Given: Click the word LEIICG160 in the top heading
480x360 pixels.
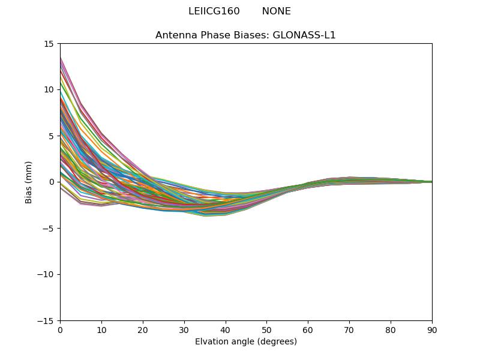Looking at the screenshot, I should [214, 11].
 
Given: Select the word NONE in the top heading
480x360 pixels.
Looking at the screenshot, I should [276, 11].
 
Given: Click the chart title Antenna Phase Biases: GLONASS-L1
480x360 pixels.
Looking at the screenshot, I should [245, 35].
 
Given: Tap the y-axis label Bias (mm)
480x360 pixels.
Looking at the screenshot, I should [29, 182].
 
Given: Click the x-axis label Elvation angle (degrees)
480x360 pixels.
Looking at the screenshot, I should [245, 342].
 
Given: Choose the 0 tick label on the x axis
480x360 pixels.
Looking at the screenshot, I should [60, 330].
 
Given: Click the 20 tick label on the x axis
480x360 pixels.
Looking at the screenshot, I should [143, 330].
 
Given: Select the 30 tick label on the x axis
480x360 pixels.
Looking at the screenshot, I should [184, 330].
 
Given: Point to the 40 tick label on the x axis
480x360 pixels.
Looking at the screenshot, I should [226, 330].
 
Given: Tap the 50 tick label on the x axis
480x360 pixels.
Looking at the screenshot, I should [266, 330].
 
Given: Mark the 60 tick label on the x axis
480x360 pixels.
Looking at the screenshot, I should [308, 330].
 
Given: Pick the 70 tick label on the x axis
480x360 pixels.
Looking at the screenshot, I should [349, 330].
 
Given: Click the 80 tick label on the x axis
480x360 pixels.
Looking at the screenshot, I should [391, 330].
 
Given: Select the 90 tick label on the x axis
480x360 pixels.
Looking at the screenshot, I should [432, 330].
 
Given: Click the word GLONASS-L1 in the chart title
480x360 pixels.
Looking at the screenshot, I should [304, 35].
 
